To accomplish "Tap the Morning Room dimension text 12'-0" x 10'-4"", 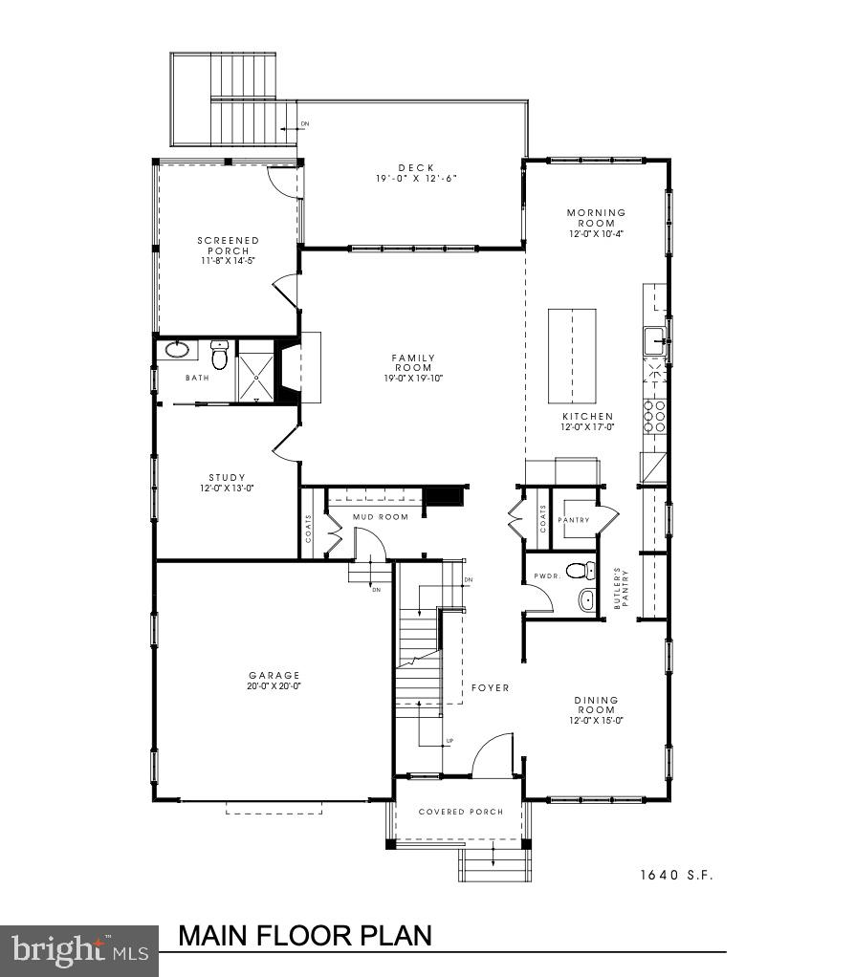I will coord(596,234).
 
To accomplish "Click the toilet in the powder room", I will coord(576,572).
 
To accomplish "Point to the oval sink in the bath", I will coord(178,350).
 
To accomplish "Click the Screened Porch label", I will coord(228,246).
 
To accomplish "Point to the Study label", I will coord(227,478).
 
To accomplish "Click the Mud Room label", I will coord(381,517).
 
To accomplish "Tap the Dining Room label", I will coord(596,706).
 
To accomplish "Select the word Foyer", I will coord(490,688).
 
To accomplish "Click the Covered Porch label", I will coord(460,813).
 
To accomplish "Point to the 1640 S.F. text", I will coord(677,874).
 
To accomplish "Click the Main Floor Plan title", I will coord(306,934).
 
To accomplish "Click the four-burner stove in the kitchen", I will coord(655,417).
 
